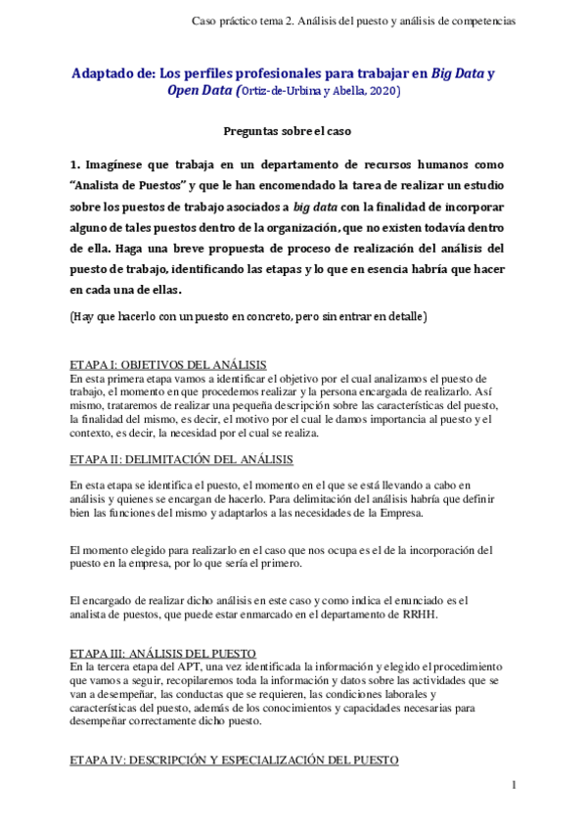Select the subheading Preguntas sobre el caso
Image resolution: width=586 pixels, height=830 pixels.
click(293, 130)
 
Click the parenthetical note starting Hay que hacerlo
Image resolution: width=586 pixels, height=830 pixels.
click(248, 317)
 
